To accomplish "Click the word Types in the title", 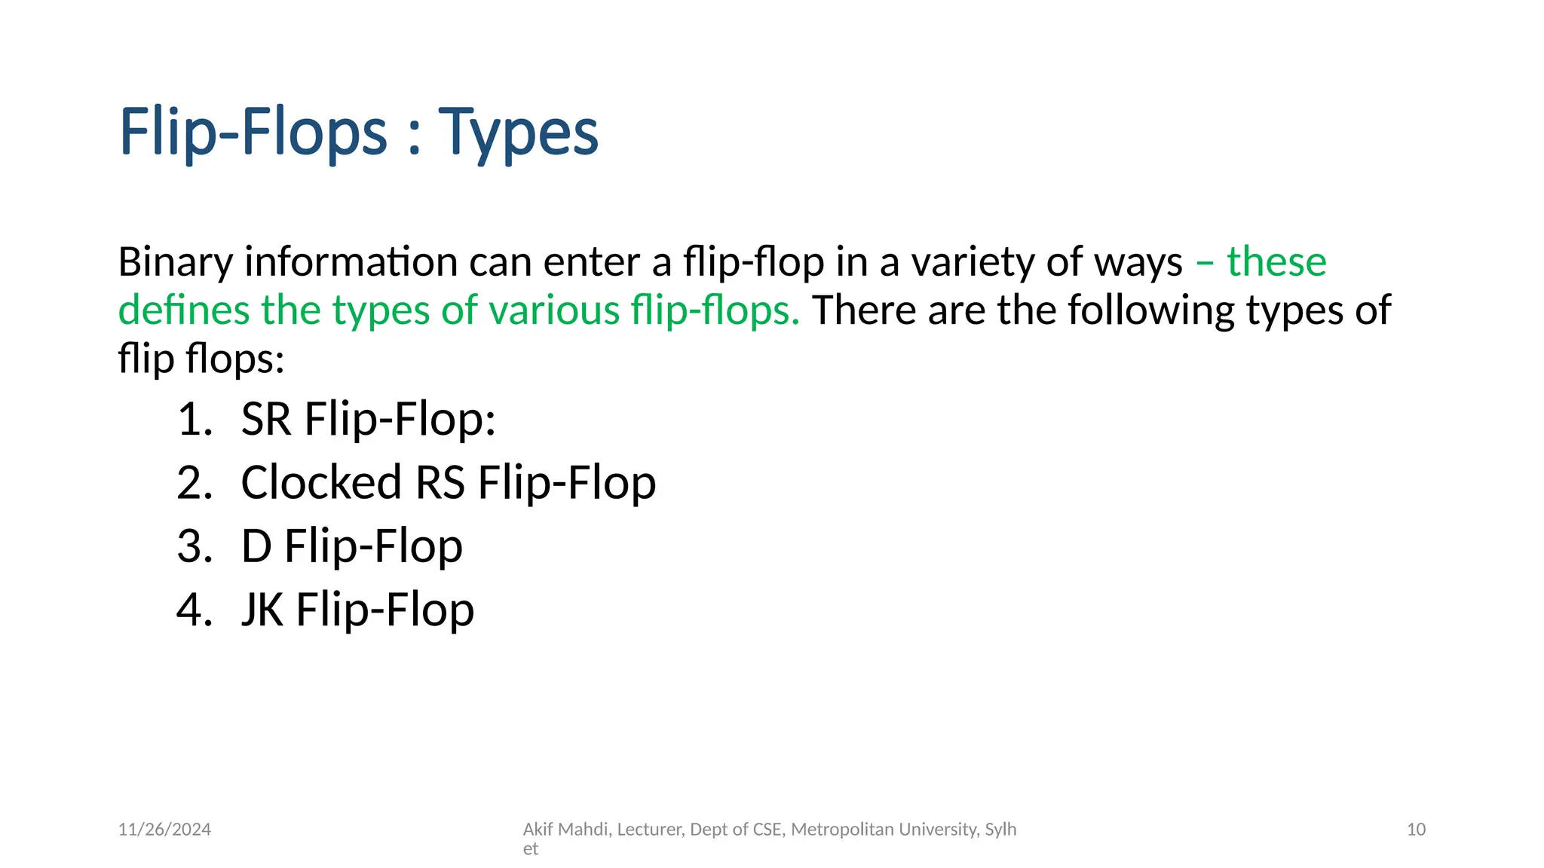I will pyautogui.click(x=518, y=133).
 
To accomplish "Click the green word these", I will pyautogui.click(x=1276, y=262).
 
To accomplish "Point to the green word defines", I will pyautogui.click(x=183, y=310).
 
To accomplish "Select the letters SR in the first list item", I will pyautogui.click(x=266, y=419).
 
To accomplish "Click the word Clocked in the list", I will pyautogui.click(x=321, y=482).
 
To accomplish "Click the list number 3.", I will pyautogui.click(x=195, y=546).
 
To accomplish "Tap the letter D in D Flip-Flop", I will pyautogui.click(x=256, y=546).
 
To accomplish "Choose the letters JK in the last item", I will pyautogui.click(x=262, y=609).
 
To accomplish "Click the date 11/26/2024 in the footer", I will pyautogui.click(x=164, y=830).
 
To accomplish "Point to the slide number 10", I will pyautogui.click(x=1416, y=830).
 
